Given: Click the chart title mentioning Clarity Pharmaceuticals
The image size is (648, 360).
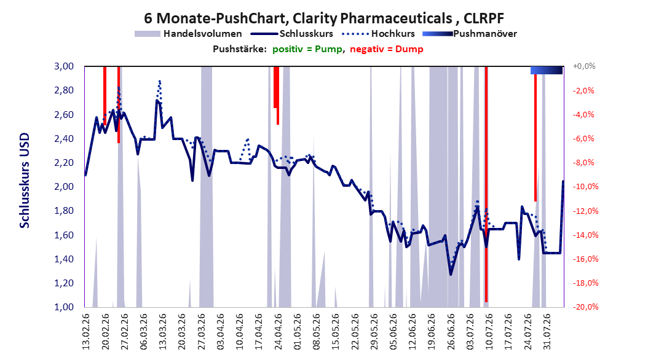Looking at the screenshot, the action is tap(323, 18).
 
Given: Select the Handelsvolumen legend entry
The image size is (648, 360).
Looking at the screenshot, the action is tap(188, 34).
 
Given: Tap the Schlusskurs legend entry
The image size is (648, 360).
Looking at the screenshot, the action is tap(292, 34).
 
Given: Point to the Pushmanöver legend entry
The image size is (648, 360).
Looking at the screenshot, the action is tap(470, 34).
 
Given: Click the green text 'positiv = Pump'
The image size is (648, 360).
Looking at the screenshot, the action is tap(307, 49).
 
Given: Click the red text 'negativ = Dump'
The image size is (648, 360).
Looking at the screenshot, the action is tap(387, 49).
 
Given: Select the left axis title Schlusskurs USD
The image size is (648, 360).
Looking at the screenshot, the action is tap(25, 181).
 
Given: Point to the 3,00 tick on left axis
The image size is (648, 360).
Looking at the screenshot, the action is tap(64, 66).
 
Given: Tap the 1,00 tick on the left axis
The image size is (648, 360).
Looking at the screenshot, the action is tap(64, 307).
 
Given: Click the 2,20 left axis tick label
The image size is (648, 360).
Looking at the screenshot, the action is tap(64, 162).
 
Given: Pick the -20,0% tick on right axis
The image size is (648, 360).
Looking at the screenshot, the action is tap(585, 307).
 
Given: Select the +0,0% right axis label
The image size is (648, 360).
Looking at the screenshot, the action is tap(584, 66).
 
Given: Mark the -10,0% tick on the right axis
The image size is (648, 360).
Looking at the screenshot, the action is tap(585, 186).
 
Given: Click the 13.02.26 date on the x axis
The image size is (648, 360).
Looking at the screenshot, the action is tap(86, 332).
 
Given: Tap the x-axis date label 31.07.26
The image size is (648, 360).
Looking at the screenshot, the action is tap(547, 332).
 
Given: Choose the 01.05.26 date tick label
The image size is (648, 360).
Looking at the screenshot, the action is tap(298, 332).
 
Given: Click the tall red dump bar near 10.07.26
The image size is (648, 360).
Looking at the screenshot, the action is tap(486, 184).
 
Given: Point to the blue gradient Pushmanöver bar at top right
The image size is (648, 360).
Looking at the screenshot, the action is tap(547, 70).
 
